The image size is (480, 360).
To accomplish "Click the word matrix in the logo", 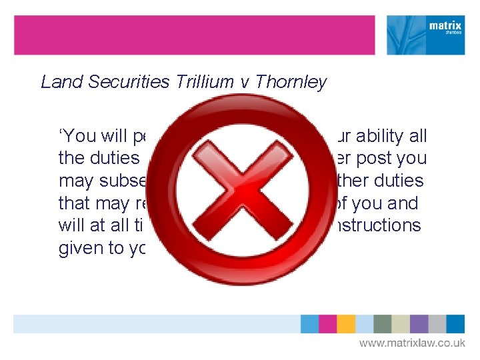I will pos(445,27).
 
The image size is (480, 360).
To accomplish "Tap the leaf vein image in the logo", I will pos(404,35).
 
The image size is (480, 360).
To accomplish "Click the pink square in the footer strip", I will pos(328,324).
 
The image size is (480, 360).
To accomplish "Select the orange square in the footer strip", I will pos(346,324).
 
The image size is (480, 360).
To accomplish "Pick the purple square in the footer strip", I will pos(419,324).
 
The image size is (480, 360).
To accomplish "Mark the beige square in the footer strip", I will pos(401,324).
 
